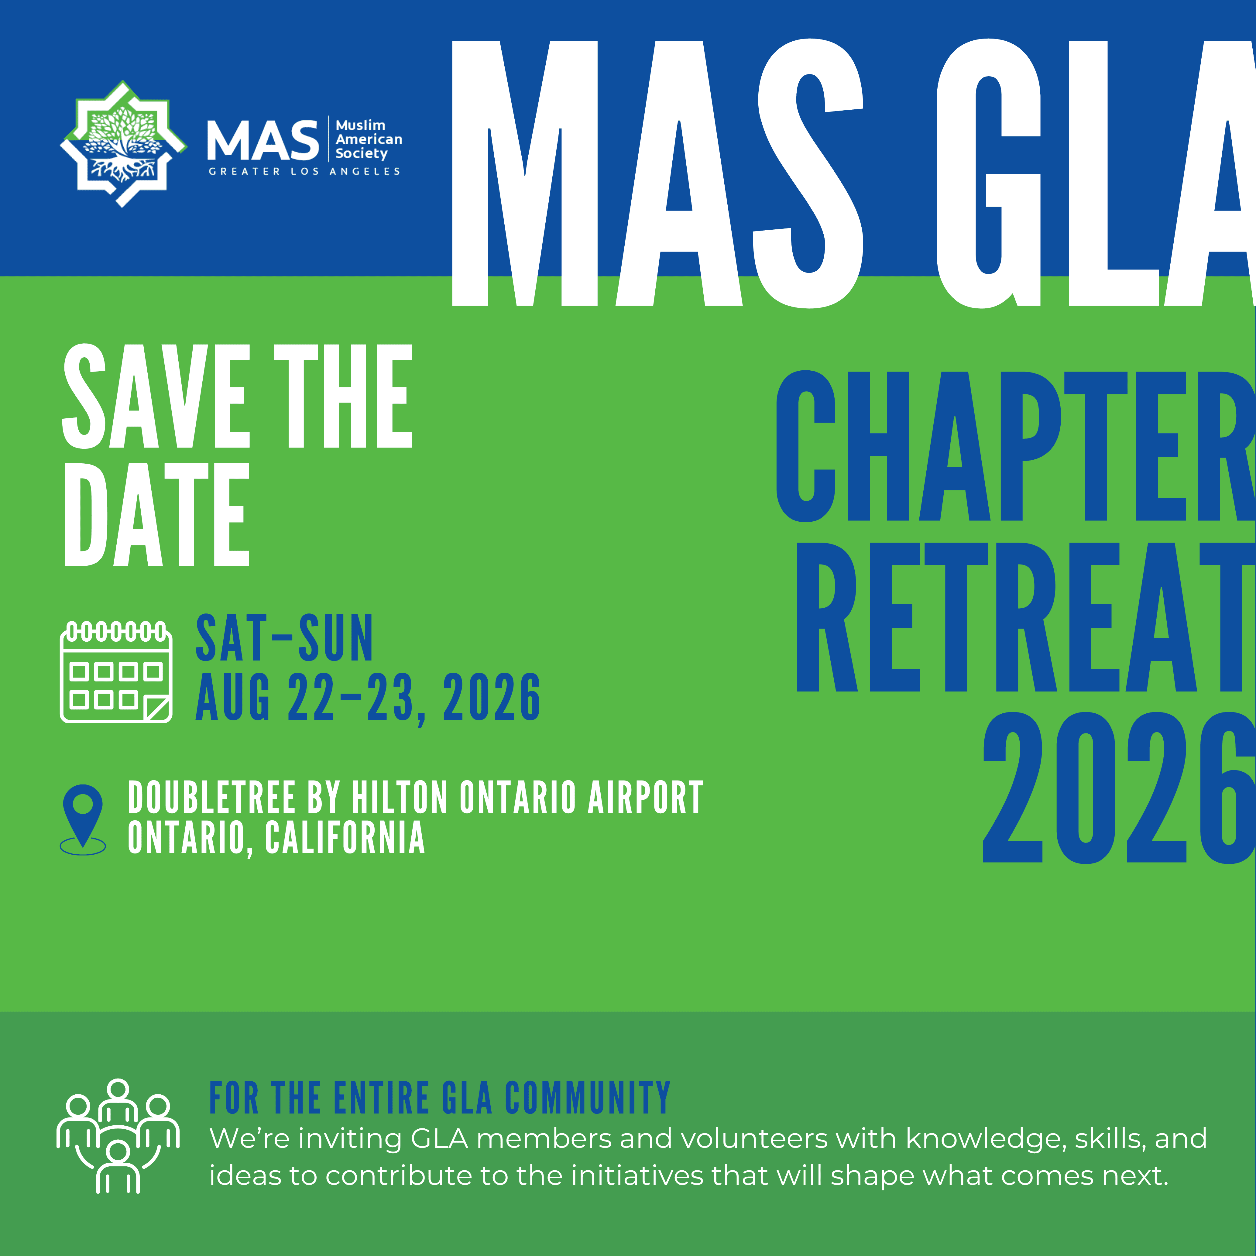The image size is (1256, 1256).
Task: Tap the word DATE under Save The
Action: (157, 515)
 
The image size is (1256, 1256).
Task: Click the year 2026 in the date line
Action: (492, 698)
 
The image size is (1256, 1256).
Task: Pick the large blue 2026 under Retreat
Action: (1119, 788)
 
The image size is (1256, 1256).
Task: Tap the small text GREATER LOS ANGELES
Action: (304, 172)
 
